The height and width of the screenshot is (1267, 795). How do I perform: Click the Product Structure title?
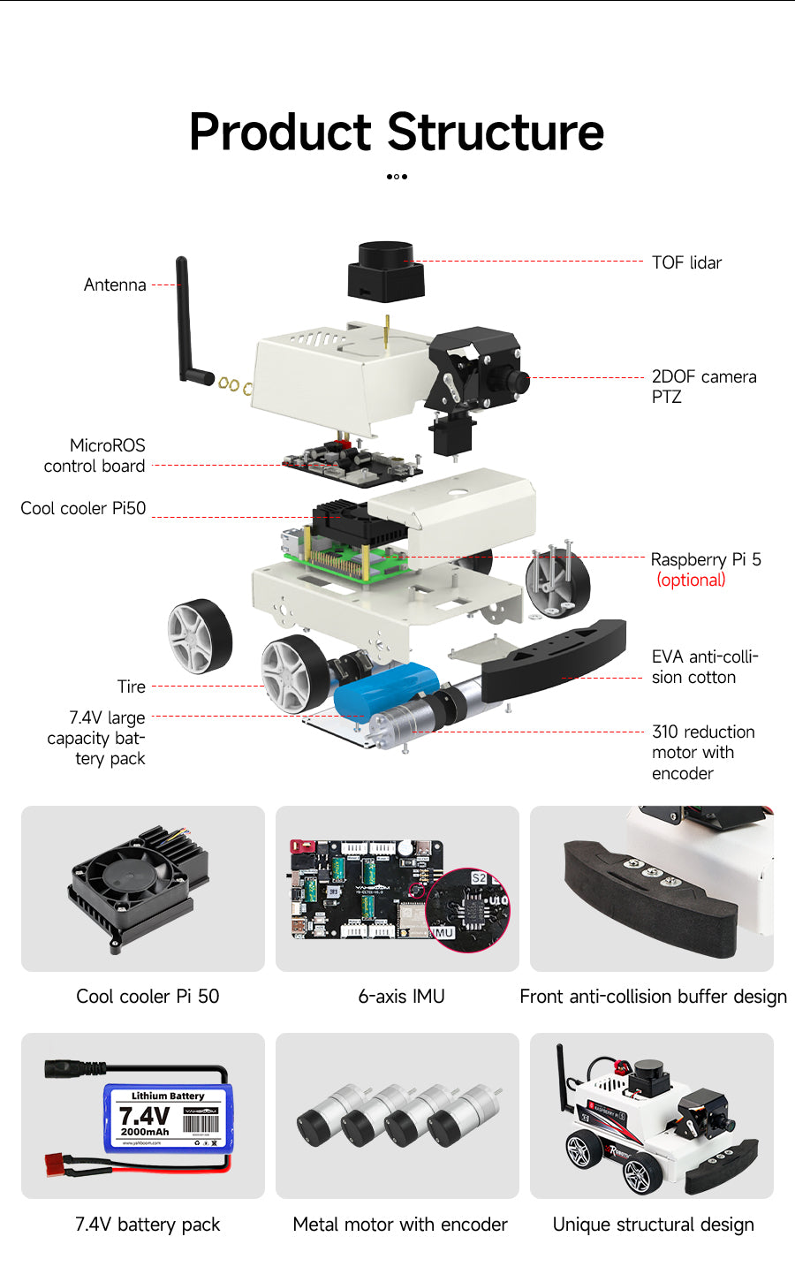point(397,133)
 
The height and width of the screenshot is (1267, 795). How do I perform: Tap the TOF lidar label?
point(686,262)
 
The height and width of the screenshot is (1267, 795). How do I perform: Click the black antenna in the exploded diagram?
point(185,318)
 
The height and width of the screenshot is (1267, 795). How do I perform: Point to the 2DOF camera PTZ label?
point(703,386)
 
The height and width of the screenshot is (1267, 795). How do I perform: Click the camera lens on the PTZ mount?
point(519,382)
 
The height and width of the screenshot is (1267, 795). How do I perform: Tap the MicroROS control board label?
point(95,455)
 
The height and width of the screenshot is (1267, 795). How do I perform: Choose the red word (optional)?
point(691,580)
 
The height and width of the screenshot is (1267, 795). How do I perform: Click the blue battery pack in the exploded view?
point(386,691)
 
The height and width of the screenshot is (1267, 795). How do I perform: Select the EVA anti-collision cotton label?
point(704,666)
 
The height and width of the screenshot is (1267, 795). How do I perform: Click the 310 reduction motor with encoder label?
point(702,752)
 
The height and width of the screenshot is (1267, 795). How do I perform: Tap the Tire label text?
point(131,687)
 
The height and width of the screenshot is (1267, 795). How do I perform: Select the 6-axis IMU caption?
point(401,996)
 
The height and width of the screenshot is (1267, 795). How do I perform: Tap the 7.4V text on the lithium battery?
point(144,1116)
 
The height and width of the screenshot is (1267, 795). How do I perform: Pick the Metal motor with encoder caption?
point(400,1224)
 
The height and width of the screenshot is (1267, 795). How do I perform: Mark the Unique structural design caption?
point(653,1224)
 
